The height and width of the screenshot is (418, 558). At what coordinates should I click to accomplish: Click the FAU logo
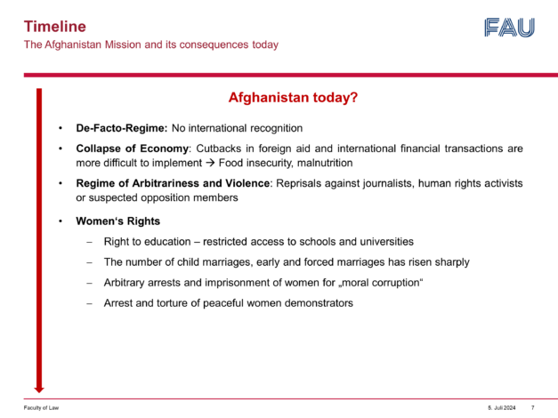pos(509,28)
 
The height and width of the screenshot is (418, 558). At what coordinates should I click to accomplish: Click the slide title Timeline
pos(55,27)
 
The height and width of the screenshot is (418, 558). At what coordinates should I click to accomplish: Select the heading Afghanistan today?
pos(293,97)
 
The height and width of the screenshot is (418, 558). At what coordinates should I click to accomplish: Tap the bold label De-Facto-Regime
pos(121,128)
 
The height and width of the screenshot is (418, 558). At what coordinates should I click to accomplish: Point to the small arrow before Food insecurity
pos(210,163)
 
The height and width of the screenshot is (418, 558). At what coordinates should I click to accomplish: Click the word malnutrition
pos(325,163)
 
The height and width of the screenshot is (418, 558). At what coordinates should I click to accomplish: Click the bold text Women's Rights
pos(117,221)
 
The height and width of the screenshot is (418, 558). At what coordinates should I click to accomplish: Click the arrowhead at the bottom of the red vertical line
pos(39,390)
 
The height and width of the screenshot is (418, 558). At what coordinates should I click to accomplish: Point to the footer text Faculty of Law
pos(41,407)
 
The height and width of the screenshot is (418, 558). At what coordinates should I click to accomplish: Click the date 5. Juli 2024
pos(501,407)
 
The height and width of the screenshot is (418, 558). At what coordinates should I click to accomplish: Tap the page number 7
pos(533,407)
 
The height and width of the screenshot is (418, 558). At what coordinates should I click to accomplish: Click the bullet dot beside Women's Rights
pos(61,221)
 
